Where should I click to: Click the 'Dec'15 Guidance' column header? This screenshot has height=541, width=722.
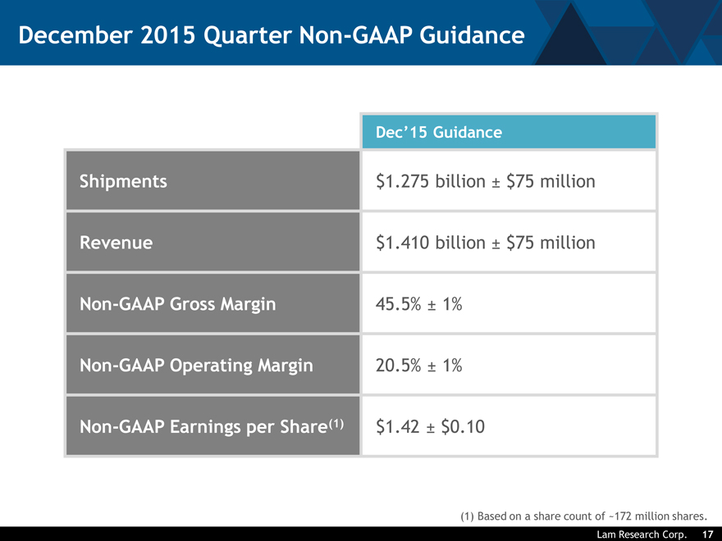pyautogui.click(x=438, y=132)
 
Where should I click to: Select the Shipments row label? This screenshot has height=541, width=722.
pyautogui.click(x=123, y=181)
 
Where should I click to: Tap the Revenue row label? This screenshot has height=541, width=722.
pyautogui.click(x=116, y=243)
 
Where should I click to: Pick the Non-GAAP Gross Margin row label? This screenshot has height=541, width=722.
pyautogui.click(x=177, y=304)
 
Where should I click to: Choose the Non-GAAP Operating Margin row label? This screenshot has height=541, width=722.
pyautogui.click(x=196, y=366)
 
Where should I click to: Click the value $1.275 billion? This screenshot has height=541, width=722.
pyautogui.click(x=430, y=181)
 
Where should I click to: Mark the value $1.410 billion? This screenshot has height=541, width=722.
pyautogui.click(x=430, y=243)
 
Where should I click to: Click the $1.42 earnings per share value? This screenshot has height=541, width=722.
pyautogui.click(x=396, y=427)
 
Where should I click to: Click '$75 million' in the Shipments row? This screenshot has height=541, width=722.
pyautogui.click(x=551, y=181)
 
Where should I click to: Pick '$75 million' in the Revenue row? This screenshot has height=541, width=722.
pyautogui.click(x=551, y=243)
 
